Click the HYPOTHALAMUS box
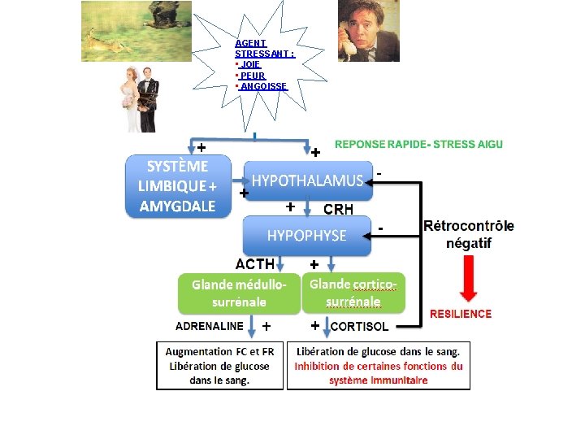pos(307,180)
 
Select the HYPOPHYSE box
pos(307,236)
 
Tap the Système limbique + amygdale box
pos(178,186)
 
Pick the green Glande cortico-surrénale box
pos(353,293)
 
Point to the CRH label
pos(338,209)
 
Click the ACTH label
pos(254,263)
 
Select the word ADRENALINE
pos(210,326)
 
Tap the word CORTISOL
pos(359,327)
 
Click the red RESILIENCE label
pos(461,314)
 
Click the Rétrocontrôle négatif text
pos(469,234)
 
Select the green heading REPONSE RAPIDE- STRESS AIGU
pos(418,144)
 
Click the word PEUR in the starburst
pos(253,76)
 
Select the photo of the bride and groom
pos(140,98)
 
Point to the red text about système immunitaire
pos(378,373)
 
